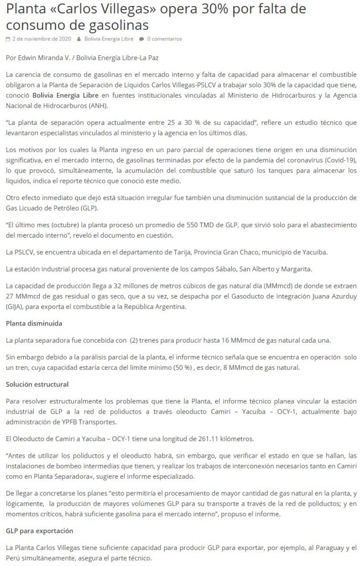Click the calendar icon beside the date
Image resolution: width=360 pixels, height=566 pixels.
tap(7, 39)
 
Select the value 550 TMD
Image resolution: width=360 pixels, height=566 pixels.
tap(192, 226)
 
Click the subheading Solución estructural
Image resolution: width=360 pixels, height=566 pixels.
tap(38, 382)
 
